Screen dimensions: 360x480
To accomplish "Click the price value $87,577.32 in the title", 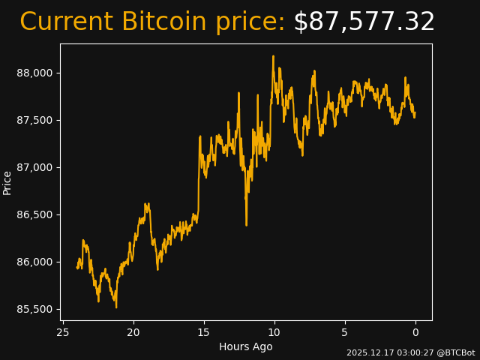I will [364, 22].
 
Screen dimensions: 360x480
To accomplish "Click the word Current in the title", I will [67, 22].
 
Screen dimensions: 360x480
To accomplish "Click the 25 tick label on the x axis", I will [63, 332].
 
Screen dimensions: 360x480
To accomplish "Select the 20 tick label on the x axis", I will [133, 332].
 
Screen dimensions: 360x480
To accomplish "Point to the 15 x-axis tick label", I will [204, 332].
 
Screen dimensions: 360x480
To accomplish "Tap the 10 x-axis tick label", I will [274, 332].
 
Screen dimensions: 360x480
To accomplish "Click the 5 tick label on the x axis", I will [345, 332].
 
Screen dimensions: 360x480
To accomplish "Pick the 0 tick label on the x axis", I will [415, 332].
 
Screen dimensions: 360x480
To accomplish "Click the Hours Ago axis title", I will [246, 346].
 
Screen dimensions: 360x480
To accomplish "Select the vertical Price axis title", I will [7, 182].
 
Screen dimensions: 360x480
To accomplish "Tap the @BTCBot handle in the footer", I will [455, 352].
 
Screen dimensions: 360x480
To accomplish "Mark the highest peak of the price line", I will [273, 56].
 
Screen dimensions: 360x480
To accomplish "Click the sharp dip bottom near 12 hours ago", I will [246, 224].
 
